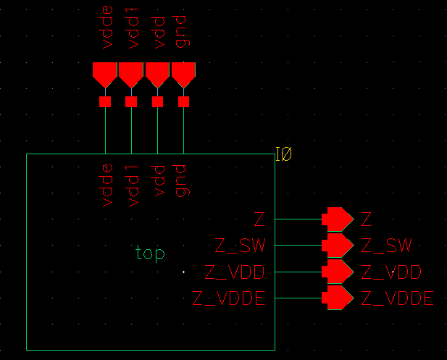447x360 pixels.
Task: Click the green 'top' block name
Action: coord(150,253)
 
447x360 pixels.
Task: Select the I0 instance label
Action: coord(283,154)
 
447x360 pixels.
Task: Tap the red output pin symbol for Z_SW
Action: coord(336,245)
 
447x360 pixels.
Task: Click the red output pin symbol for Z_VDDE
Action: coord(336,298)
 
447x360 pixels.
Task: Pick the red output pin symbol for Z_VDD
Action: coord(336,272)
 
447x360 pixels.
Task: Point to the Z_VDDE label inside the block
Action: coord(228,298)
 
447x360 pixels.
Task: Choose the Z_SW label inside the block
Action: coord(241,246)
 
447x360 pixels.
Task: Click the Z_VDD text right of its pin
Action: coord(391,272)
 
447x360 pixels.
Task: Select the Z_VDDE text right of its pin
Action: coord(397,298)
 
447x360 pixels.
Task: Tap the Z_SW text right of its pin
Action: coord(386,246)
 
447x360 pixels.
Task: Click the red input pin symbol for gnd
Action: coord(183,74)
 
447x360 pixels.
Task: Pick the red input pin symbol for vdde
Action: coord(105,74)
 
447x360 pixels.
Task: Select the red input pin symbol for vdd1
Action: coord(131,74)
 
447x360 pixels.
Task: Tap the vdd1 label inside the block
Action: coord(132,185)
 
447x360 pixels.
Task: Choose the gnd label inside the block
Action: coord(183,181)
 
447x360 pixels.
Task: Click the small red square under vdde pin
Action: coord(105,102)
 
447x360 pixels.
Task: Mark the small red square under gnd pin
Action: coord(183,102)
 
